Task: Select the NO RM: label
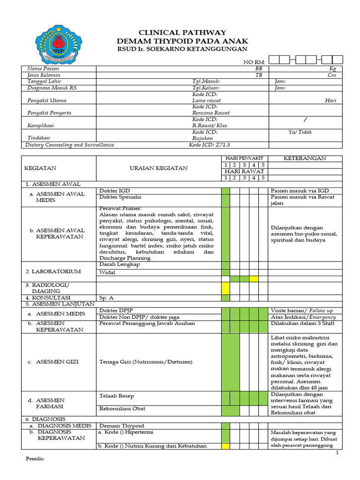254,62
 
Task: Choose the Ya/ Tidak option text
300,132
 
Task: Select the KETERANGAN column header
305,158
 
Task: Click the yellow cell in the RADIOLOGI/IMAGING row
225,288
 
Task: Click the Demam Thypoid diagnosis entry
122,425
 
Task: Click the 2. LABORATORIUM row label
53,271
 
